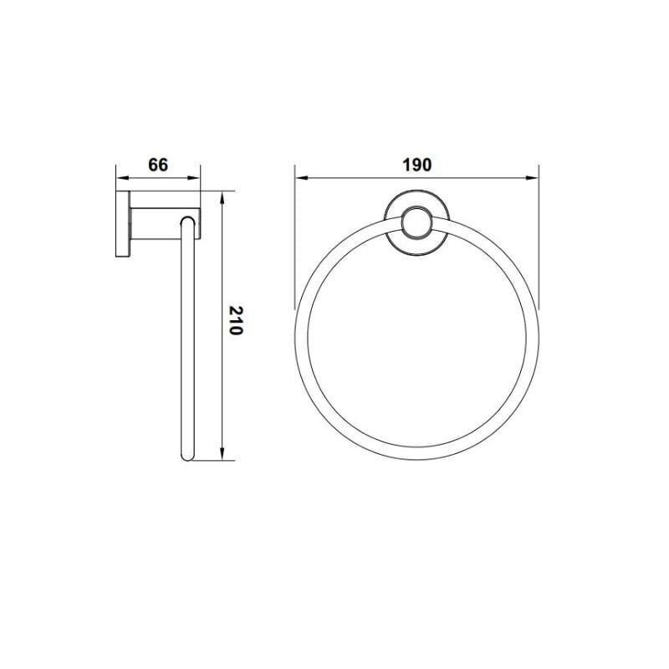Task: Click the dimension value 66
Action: coord(158,165)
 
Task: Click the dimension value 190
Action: coord(417,165)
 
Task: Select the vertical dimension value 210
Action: coord(236,320)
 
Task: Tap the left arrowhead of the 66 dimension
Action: coord(122,178)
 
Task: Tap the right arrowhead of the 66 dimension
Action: coord(194,178)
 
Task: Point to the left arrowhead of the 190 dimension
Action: coord(301,178)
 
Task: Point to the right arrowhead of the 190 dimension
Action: coord(533,178)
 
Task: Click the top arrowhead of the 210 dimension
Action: coord(222,197)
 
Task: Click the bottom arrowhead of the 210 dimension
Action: coord(222,454)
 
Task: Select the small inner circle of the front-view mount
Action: coord(416,221)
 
